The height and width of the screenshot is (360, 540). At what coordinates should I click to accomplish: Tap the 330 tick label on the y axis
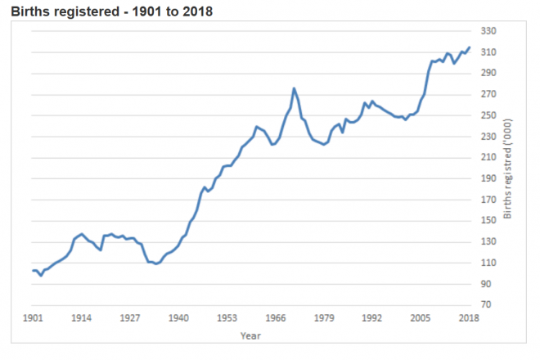point(488,31)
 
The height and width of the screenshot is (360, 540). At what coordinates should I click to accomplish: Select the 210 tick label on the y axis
point(488,157)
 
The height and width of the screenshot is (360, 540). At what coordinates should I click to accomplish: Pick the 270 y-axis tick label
point(488,94)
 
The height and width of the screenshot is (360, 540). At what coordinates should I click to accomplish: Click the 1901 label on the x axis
point(33,317)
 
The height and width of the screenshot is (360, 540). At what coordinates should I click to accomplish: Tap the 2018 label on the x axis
point(469,317)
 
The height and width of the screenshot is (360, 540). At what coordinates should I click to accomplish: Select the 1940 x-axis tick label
point(178,317)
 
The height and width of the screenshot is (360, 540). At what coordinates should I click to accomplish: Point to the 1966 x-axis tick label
point(275,317)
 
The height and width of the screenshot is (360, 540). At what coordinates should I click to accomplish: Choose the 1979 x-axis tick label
point(323,317)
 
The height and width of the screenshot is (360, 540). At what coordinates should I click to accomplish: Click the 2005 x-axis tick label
point(421,317)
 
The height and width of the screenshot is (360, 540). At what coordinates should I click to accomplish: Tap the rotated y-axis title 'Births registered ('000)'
point(507,168)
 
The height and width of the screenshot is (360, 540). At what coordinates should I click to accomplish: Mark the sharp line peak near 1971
point(294,88)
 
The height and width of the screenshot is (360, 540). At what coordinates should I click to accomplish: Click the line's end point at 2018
point(469,47)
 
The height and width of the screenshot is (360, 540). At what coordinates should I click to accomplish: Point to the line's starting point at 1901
point(33,270)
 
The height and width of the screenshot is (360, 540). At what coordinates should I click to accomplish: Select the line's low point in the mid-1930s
point(156,264)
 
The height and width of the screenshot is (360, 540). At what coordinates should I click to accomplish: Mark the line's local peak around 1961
point(256,127)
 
